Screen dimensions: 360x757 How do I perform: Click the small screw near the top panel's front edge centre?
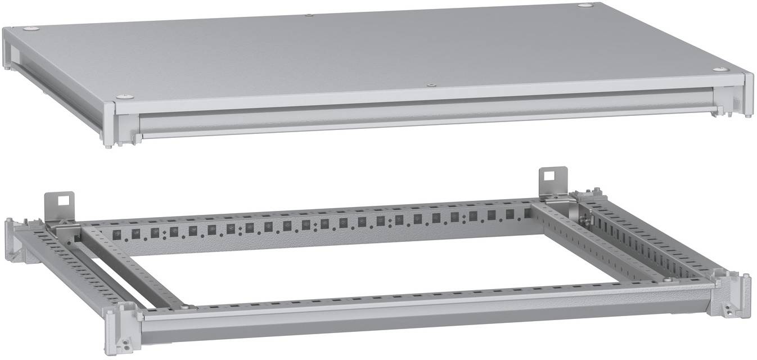(430, 85)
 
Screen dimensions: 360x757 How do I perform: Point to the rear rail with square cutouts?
(315, 228)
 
